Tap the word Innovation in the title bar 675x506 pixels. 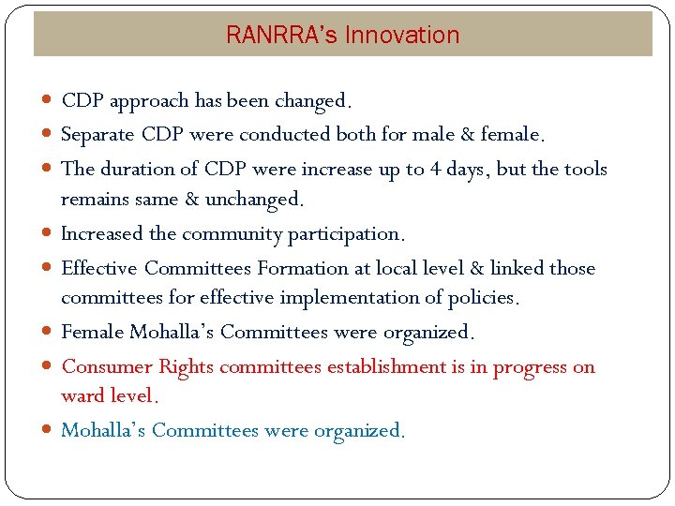click(x=402, y=36)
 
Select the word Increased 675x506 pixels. click(x=102, y=233)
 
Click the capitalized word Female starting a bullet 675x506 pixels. click(x=93, y=332)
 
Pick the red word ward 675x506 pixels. click(x=81, y=395)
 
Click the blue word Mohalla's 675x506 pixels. click(x=103, y=430)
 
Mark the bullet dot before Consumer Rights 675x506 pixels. click(x=48, y=367)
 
